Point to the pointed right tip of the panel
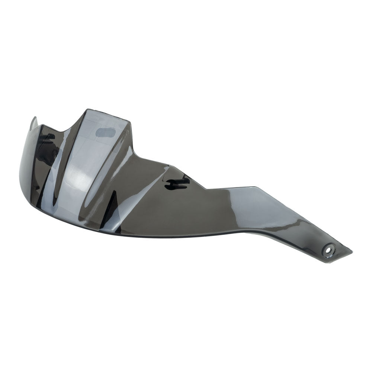tap(351, 252)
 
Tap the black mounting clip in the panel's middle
tap(178, 182)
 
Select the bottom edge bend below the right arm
tap(242, 231)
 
